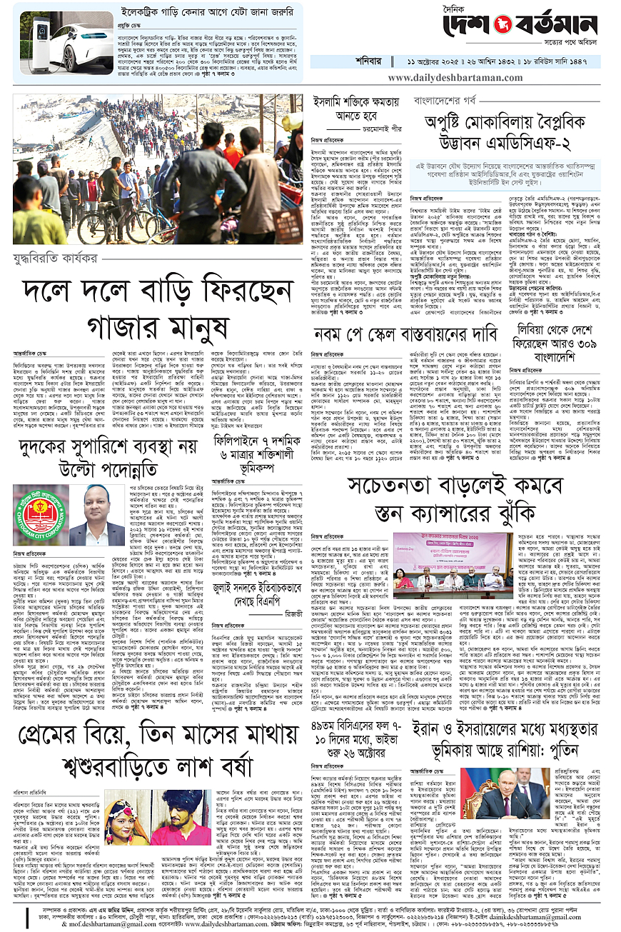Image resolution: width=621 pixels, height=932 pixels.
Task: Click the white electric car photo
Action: point(64,36)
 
